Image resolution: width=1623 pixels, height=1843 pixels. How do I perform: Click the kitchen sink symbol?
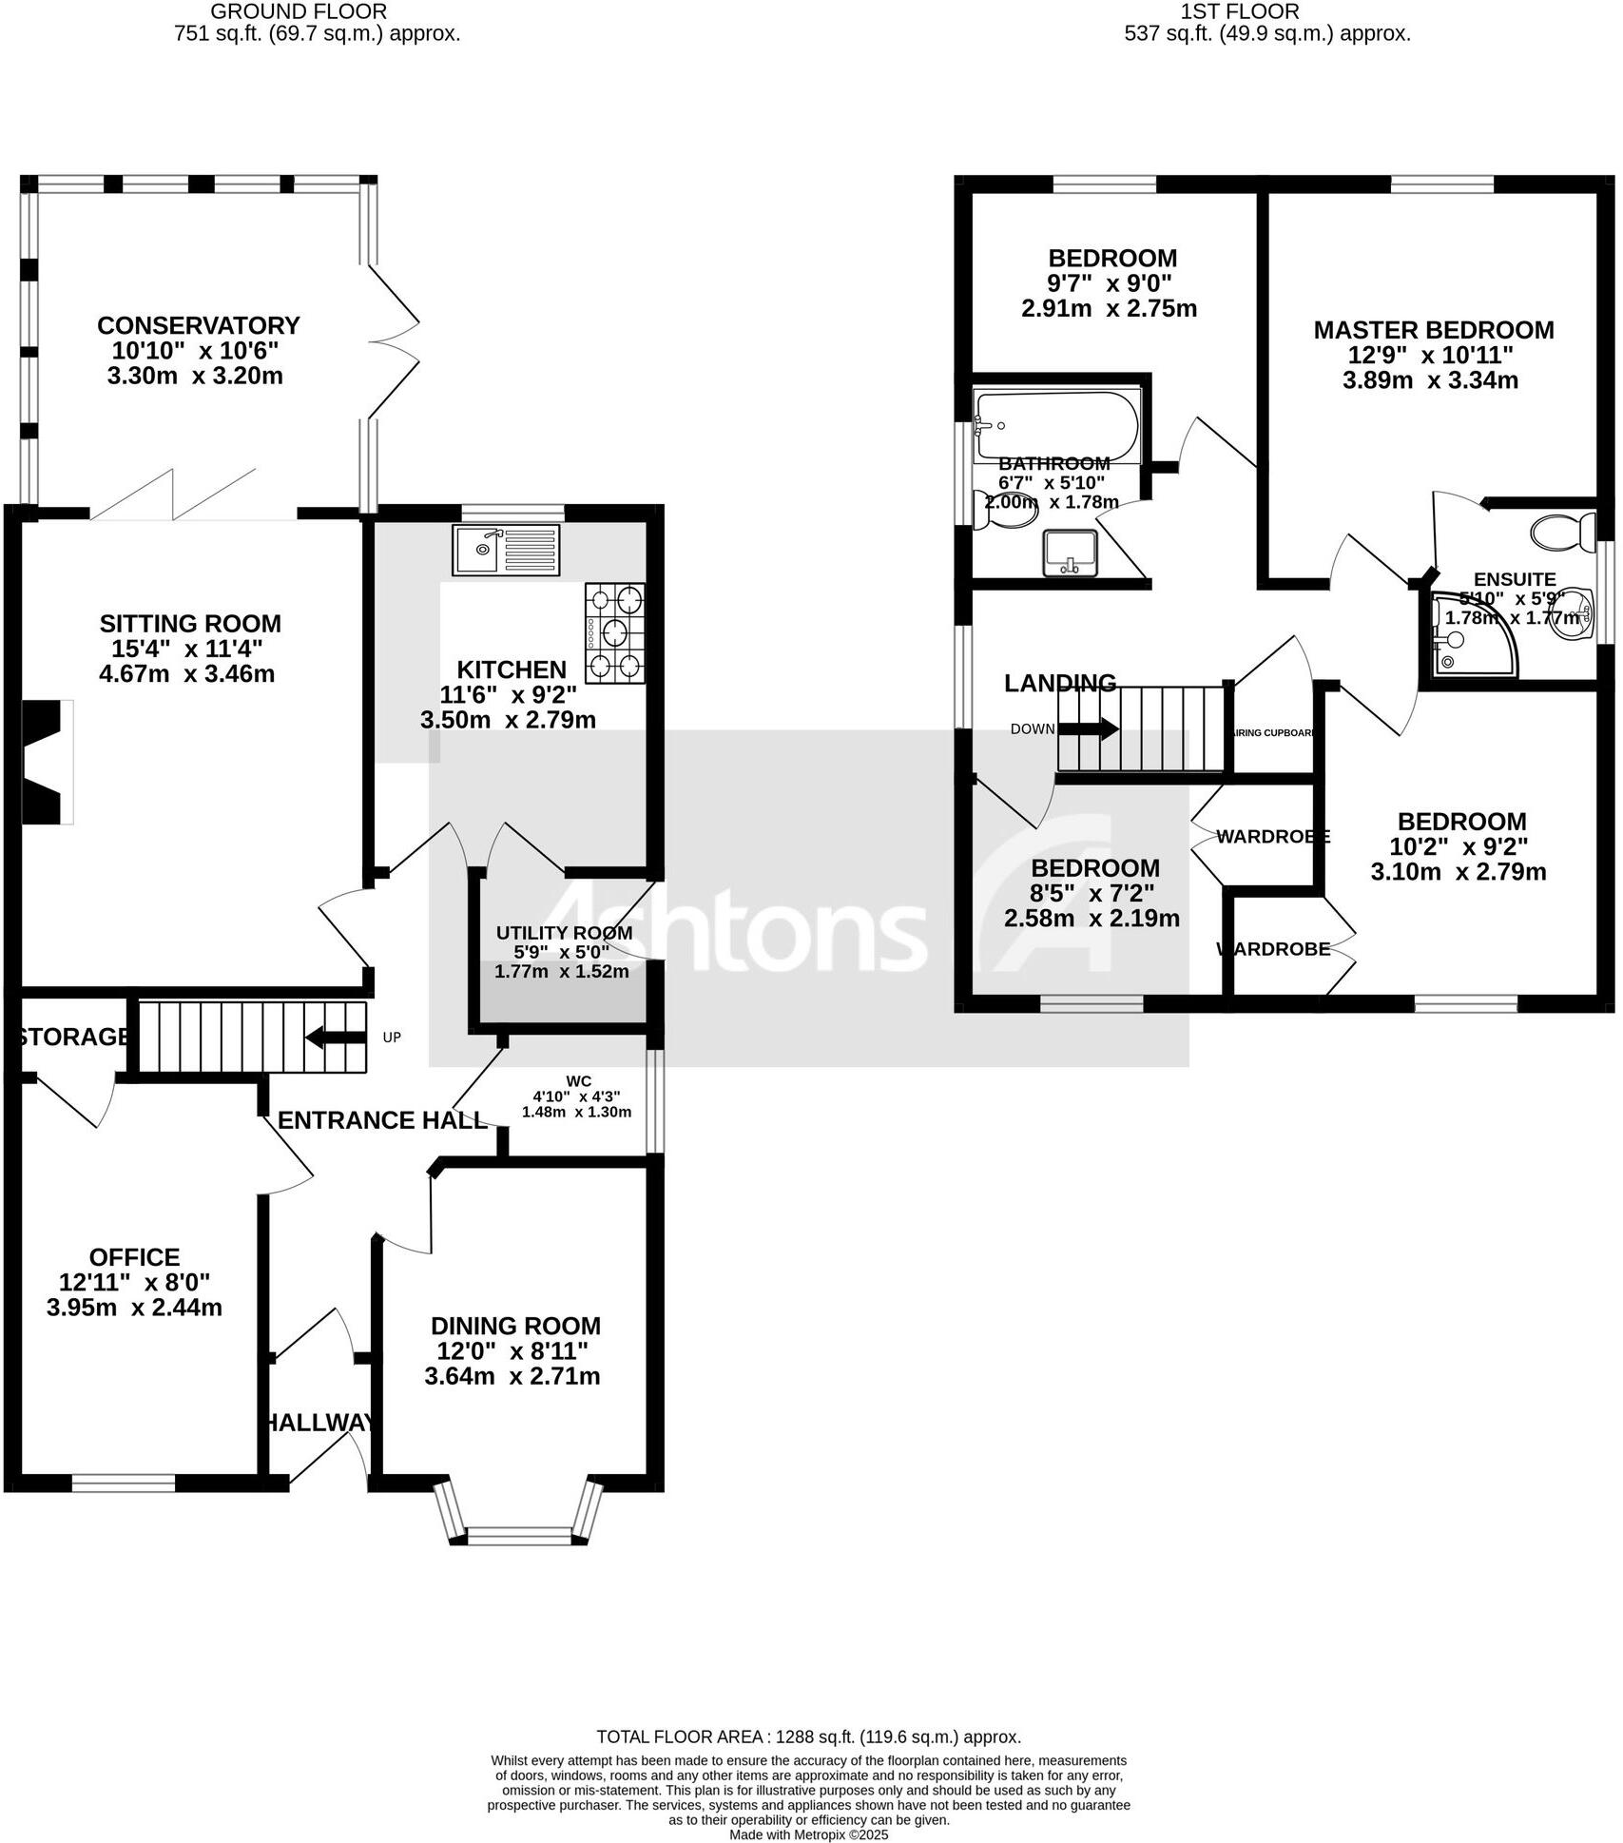point(508,550)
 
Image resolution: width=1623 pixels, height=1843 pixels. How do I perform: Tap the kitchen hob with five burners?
point(614,632)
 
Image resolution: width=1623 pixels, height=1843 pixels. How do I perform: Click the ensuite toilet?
point(1564,533)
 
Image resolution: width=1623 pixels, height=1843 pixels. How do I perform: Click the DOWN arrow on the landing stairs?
point(1088,729)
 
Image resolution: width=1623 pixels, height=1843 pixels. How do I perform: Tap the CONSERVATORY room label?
point(198,325)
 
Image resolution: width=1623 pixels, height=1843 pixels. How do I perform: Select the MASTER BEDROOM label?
point(1433,330)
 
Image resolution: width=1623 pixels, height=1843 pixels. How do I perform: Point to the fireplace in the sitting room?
point(48,762)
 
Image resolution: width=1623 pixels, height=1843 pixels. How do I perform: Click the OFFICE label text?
point(134,1257)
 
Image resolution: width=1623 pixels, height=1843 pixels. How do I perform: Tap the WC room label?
point(578,1080)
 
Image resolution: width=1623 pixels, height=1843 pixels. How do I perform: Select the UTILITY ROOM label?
point(564,933)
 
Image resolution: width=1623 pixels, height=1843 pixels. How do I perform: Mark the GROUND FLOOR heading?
point(299,12)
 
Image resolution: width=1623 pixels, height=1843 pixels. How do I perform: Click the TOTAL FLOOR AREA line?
point(808,1736)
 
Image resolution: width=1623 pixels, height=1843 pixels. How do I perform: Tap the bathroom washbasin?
point(1071,553)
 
